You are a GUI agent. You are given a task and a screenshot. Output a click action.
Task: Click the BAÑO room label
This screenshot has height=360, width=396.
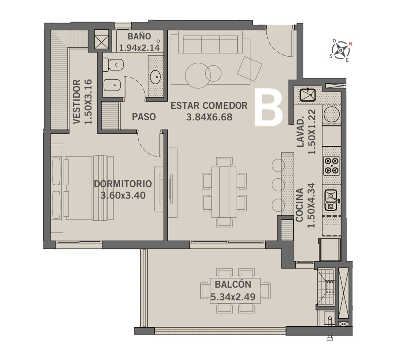pos(139,36)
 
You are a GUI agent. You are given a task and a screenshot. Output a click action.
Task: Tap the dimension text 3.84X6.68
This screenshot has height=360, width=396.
pos(209,117)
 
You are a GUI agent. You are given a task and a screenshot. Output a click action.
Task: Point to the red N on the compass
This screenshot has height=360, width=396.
pos(350,44)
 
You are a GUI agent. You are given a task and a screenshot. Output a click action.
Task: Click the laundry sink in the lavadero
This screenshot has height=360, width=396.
pos(308,95)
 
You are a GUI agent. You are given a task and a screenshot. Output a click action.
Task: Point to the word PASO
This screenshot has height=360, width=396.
pos(144,117)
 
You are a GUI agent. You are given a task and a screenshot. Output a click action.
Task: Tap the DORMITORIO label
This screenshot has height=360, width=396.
pos(123,184)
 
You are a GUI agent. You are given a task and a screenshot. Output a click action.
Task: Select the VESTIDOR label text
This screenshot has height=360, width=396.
pos(77,102)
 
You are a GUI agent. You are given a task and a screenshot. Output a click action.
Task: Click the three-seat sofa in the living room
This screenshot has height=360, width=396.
pos(210,44)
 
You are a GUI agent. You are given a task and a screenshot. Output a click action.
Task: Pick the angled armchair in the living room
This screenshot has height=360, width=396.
pos(250,69)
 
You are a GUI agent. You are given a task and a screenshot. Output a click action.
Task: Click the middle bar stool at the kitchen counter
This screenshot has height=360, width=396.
pos(278,184)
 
